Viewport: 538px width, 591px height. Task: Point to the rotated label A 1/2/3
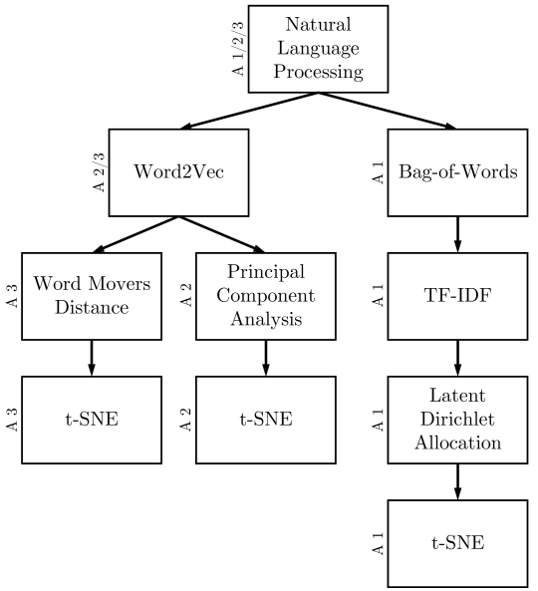(238, 49)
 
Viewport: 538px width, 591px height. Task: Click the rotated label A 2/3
(99, 172)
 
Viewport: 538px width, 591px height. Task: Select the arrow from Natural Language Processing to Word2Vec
(249, 111)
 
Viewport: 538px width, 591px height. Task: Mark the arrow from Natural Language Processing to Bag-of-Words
(388, 111)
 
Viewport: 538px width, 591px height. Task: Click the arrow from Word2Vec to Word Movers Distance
(135, 234)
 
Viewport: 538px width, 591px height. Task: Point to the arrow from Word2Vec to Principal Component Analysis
(222, 234)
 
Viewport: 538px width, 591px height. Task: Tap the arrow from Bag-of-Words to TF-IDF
(457, 234)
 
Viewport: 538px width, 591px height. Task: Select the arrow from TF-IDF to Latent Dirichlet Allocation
(457, 358)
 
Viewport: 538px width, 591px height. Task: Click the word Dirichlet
(457, 420)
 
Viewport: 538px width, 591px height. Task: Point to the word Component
(266, 296)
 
